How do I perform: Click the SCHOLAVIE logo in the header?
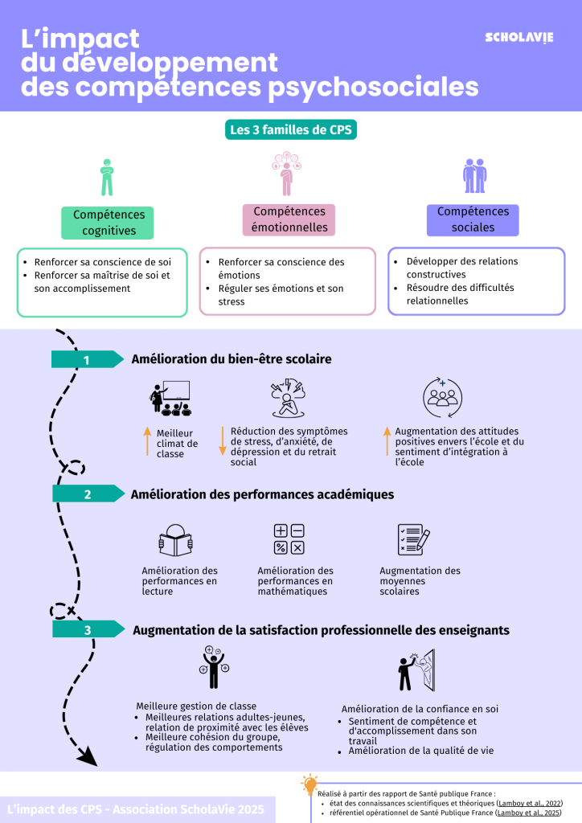tap(518, 38)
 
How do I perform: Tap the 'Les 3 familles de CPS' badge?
tap(290, 129)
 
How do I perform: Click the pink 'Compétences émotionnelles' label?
tap(289, 219)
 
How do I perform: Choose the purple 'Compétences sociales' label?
tap(473, 219)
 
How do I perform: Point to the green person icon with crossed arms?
tap(107, 177)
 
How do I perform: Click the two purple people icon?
tap(474, 175)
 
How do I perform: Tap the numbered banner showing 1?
tap(87, 359)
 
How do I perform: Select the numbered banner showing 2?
tap(88, 494)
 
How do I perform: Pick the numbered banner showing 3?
tap(88, 630)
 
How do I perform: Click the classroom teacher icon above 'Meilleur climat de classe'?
tap(170, 399)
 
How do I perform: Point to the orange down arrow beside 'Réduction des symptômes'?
tap(223, 441)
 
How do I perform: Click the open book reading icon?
tap(175, 540)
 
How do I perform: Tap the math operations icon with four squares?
tap(289, 539)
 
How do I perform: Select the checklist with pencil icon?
tap(413, 539)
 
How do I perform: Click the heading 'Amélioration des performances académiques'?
tap(262, 494)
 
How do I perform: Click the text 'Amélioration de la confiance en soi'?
tap(420, 709)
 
